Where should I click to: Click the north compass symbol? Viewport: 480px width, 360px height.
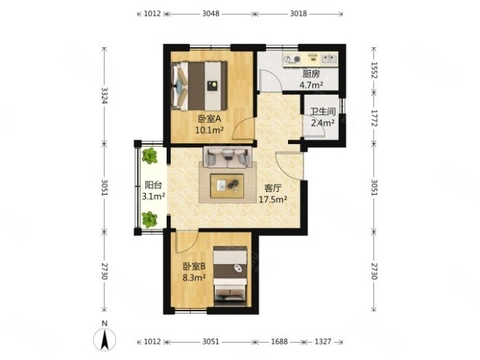[105, 339]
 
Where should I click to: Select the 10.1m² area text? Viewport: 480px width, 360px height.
[209, 130]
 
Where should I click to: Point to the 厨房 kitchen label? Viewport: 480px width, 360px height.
[311, 74]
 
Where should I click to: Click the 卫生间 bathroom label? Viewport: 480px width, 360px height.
[323, 111]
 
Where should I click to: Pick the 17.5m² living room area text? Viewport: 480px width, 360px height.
[273, 200]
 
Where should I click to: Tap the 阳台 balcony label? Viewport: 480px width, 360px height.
[154, 185]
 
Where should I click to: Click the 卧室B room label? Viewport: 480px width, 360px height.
[194, 266]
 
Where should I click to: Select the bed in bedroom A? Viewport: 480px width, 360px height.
[200, 86]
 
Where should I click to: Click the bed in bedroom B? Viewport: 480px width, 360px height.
[230, 276]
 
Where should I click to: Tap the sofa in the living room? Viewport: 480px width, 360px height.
[228, 157]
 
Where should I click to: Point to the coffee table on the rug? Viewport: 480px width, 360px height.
[227, 186]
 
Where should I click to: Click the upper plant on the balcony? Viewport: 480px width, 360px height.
[149, 156]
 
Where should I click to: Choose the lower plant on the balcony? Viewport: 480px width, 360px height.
[149, 219]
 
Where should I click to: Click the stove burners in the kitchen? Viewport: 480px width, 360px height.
[291, 59]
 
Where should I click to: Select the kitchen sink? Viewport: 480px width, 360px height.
[329, 58]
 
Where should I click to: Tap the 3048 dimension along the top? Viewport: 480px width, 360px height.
[211, 14]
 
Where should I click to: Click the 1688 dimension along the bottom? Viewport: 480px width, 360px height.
[279, 341]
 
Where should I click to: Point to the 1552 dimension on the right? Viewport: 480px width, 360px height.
[374, 70]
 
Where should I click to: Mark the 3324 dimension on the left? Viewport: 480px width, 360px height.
[105, 96]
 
